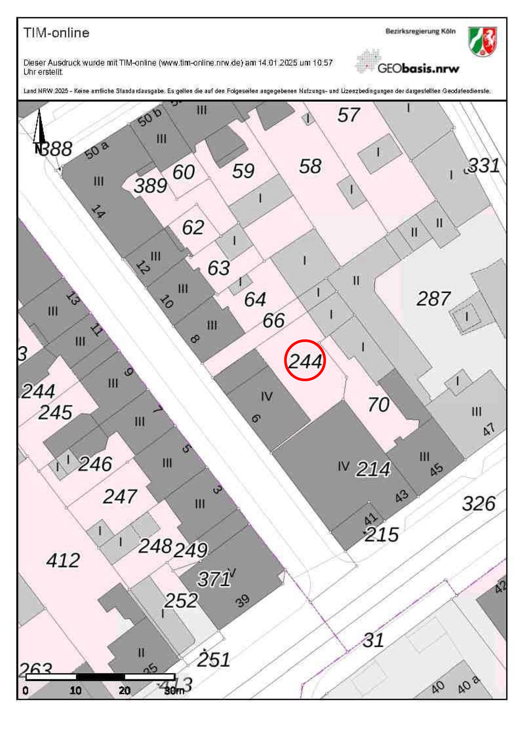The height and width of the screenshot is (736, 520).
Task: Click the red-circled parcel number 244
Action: [x=305, y=361]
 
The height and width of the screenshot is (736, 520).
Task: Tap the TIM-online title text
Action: [x=56, y=33]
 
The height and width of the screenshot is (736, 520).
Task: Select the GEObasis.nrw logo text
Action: [x=418, y=68]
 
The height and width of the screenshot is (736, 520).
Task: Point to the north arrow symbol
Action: [x=39, y=128]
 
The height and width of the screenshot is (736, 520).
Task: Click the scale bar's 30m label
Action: [x=174, y=691]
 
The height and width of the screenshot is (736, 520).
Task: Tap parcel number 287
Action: [x=433, y=298]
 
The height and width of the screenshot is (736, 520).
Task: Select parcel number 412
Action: [x=63, y=560]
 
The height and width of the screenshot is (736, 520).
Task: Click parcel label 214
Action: [x=373, y=469]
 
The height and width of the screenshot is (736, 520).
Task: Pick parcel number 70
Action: [x=378, y=404]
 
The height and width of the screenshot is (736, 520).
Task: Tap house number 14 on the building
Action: [x=98, y=211]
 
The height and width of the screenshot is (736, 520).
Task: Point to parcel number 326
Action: [x=479, y=504]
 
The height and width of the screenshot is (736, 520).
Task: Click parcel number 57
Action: [x=348, y=115]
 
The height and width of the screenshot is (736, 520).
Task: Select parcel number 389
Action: [x=150, y=186]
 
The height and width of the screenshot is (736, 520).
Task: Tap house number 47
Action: [x=489, y=429]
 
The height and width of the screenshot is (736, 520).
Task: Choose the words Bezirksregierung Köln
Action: [x=420, y=31]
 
